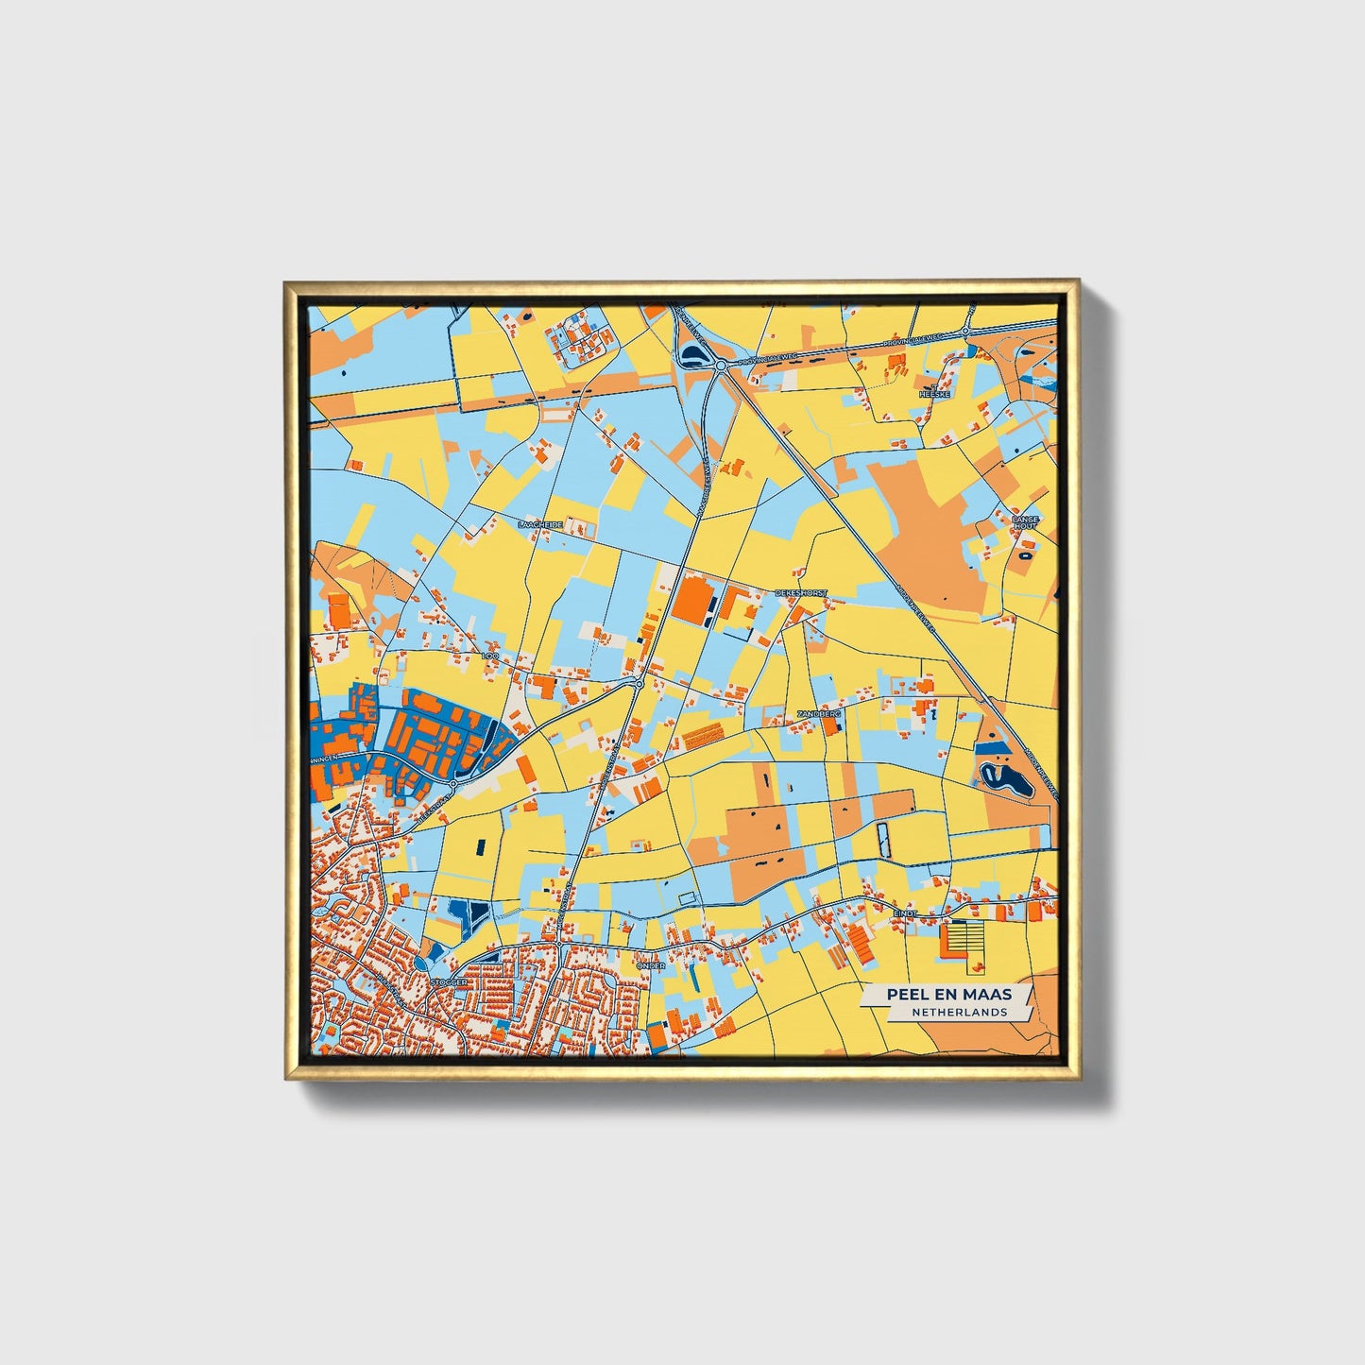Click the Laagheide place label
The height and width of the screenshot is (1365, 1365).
click(x=540, y=523)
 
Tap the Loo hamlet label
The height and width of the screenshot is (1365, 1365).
click(x=489, y=655)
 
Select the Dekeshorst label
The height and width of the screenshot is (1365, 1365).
click(x=800, y=593)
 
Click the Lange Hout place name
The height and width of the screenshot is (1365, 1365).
click(x=1025, y=522)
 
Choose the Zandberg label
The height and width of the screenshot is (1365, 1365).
click(x=818, y=714)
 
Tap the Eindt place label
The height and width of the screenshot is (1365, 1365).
click(x=906, y=913)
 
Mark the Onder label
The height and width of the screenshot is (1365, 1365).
click(x=651, y=965)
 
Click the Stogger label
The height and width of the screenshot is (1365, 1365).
click(x=449, y=982)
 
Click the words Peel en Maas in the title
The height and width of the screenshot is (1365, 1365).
click(x=948, y=994)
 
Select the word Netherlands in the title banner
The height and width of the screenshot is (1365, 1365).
click(x=959, y=1012)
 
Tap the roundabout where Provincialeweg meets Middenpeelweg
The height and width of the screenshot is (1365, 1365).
click(x=720, y=365)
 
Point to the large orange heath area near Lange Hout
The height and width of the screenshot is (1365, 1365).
click(x=930, y=539)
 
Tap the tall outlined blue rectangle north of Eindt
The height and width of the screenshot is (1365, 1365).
click(x=884, y=840)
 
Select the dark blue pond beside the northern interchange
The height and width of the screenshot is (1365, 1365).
click(x=694, y=354)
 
